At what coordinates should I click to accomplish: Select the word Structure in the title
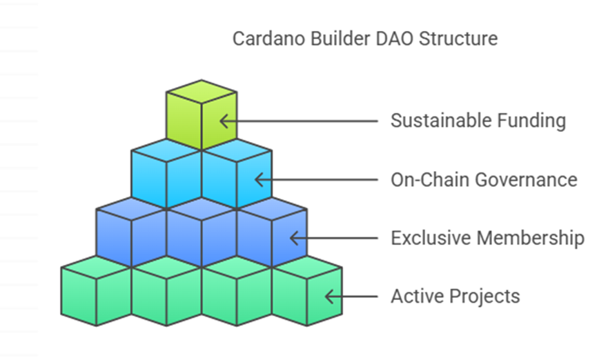[458, 39]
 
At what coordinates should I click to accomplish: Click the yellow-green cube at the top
[202, 115]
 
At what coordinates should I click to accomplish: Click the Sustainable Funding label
[478, 121]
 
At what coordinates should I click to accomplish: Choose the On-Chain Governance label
[484, 180]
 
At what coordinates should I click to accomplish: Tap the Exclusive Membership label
[487, 238]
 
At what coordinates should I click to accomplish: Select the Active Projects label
[455, 297]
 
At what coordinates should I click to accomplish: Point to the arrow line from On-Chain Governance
[316, 180]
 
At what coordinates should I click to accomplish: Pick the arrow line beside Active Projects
[351, 297]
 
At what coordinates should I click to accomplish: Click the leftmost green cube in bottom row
[96, 290]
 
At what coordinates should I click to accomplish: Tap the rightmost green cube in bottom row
[306, 290]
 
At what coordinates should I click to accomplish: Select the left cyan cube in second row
[166, 174]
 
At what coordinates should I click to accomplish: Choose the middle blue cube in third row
[202, 232]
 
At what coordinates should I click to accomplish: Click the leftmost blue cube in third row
[131, 232]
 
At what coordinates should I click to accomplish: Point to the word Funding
[531, 121]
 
